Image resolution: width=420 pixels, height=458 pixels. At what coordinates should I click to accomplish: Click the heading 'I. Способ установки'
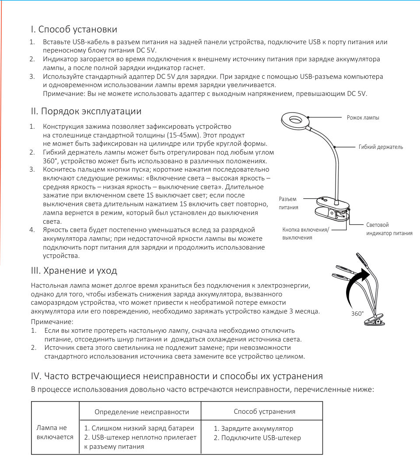point(74,30)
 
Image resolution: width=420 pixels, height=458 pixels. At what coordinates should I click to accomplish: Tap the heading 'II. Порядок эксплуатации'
point(86,112)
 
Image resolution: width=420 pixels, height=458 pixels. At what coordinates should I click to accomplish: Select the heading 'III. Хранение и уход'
point(74,271)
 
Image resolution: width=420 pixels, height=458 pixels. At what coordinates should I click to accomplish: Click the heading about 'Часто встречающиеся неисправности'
point(177,376)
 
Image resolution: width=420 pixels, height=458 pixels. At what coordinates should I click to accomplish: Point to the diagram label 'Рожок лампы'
point(363,118)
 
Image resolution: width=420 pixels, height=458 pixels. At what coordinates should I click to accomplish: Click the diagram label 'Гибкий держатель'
point(381,147)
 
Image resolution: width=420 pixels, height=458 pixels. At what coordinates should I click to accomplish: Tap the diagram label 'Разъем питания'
point(288,203)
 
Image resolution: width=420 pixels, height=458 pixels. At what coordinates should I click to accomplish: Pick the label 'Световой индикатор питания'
point(389,229)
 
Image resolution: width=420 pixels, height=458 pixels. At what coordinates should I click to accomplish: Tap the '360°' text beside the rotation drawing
point(357,314)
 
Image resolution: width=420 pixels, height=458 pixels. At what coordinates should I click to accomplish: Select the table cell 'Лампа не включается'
point(55,432)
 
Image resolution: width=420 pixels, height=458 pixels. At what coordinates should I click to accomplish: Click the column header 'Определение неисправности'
point(142,412)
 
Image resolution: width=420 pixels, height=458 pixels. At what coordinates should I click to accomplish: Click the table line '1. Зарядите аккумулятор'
point(253,429)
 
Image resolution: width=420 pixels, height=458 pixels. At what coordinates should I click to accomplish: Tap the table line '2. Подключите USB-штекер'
point(257,438)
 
